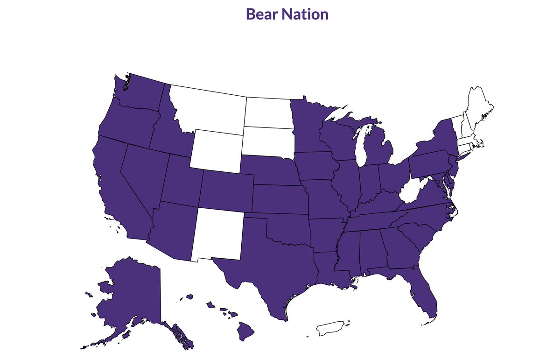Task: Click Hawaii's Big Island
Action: [246, 332]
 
